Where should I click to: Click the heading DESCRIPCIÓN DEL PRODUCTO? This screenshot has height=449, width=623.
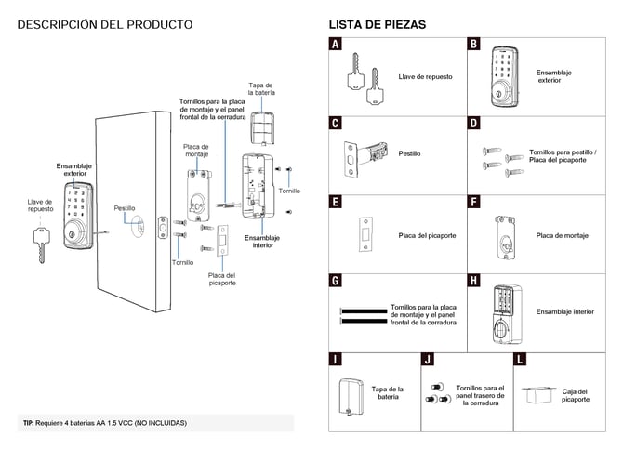pyautogui.click(x=105, y=24)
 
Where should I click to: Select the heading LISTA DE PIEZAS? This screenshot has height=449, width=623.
pyautogui.click(x=378, y=24)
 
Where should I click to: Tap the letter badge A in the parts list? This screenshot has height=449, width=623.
pyautogui.click(x=336, y=44)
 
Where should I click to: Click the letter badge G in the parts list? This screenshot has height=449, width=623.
pyautogui.click(x=336, y=280)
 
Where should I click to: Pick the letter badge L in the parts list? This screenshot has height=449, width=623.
pyautogui.click(x=520, y=359)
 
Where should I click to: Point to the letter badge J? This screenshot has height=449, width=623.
pyautogui.click(x=428, y=359)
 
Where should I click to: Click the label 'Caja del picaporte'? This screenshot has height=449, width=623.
pyautogui.click(x=576, y=395)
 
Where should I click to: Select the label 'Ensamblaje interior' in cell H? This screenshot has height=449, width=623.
pyautogui.click(x=564, y=312)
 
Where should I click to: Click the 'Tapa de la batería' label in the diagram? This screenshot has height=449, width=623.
pyautogui.click(x=260, y=89)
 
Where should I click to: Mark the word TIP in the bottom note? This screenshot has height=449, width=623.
pyautogui.click(x=29, y=423)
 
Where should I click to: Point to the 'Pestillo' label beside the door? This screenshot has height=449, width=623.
pyautogui.click(x=125, y=208)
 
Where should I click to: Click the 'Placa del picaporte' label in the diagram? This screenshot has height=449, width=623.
pyautogui.click(x=221, y=279)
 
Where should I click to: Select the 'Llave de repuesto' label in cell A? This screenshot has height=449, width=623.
pyautogui.click(x=425, y=76)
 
